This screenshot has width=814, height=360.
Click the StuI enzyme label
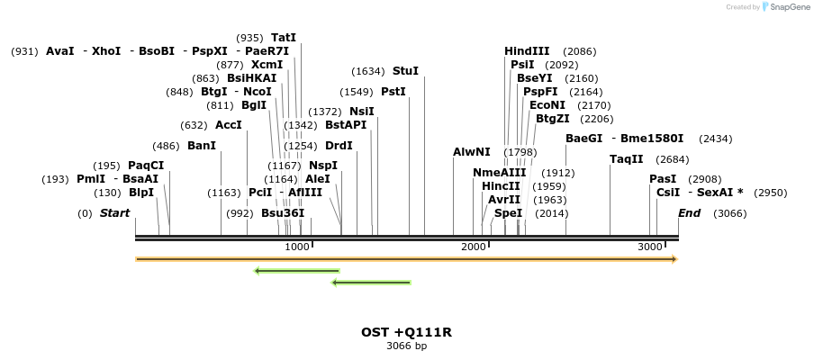coord(405,71)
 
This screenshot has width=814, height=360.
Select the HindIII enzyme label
coord(527,51)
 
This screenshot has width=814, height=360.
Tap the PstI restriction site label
coord(393,92)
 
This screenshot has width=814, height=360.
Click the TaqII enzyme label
coord(626,159)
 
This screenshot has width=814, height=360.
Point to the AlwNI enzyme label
coord(472,152)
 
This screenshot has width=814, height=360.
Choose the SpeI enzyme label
coord(508,213)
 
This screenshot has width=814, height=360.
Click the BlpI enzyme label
coord(141,193)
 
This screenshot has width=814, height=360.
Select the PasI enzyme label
coord(663,179)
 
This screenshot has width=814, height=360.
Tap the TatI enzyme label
coord(284,38)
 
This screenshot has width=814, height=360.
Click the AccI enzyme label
coord(229,125)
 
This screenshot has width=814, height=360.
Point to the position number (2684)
coord(672,159)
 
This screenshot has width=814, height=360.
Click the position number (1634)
coord(368,71)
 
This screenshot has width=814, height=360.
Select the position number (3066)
coord(729,213)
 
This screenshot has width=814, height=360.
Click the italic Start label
coord(114,213)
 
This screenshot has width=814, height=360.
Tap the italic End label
coord(689,213)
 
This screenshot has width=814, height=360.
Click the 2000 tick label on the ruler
coord(473,247)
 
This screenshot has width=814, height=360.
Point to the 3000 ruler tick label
coord(649,247)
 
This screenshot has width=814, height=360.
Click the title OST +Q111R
coord(406,332)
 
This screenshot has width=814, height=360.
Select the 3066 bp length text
coord(406,346)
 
